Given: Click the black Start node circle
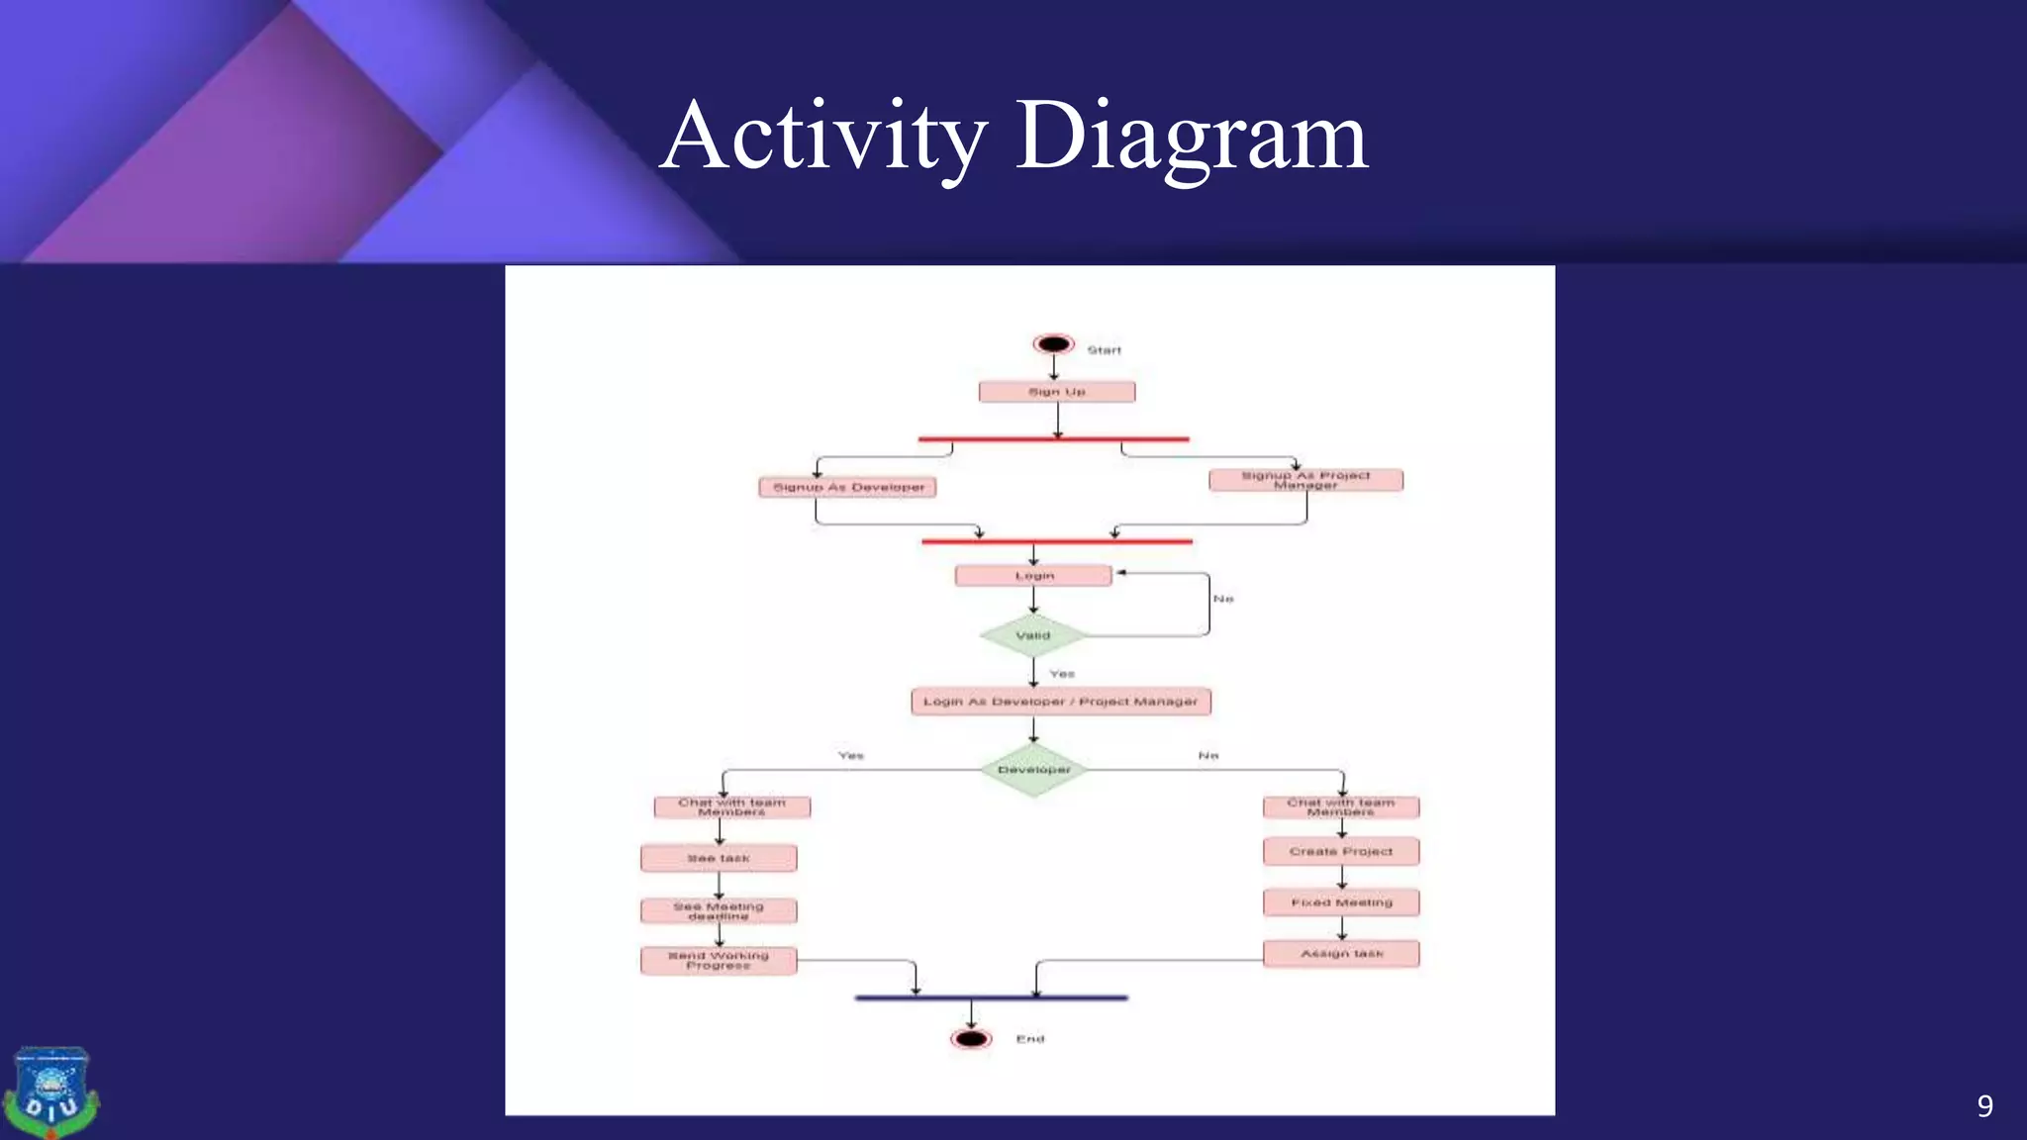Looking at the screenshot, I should pyautogui.click(x=1053, y=344).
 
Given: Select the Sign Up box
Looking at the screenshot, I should pyautogui.click(x=1056, y=392).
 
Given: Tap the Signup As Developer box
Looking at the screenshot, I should pyautogui.click(x=847, y=487).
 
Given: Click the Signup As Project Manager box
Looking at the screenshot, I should pyautogui.click(x=1305, y=480).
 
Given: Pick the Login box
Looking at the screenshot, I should pyautogui.click(x=1033, y=576).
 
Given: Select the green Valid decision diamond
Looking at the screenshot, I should pyautogui.click(x=1033, y=635).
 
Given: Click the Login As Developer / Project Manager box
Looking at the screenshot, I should pyautogui.click(x=1060, y=702).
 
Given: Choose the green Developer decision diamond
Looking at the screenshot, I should pyautogui.click(x=1033, y=769).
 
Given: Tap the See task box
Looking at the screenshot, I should pyautogui.click(x=719, y=858).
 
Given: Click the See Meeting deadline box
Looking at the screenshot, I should pyautogui.click(x=719, y=910).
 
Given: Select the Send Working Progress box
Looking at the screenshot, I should pyautogui.click(x=719, y=960).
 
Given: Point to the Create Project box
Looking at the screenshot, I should pyautogui.click(x=1341, y=851).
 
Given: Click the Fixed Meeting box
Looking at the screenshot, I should pyautogui.click(x=1341, y=902).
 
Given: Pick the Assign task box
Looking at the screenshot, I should pyautogui.click(x=1341, y=954).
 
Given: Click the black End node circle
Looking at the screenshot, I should pyautogui.click(x=971, y=1039).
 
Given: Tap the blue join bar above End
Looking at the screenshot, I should pyautogui.click(x=991, y=997).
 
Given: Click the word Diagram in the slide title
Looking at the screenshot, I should pyautogui.click(x=1192, y=137).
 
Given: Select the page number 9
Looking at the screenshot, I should pyautogui.click(x=1984, y=1105).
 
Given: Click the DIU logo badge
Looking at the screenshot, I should pyautogui.click(x=50, y=1092).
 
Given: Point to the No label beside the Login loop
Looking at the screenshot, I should pyautogui.click(x=1223, y=599).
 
